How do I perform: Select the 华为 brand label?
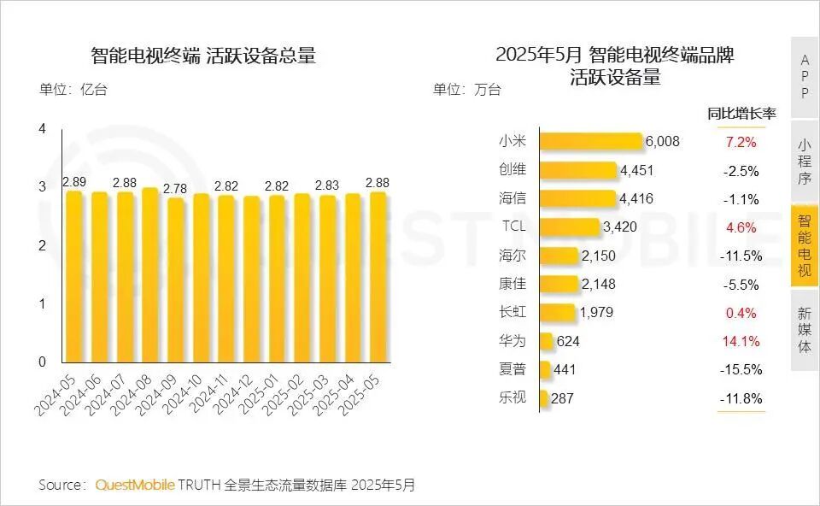512,341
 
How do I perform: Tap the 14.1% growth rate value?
741,341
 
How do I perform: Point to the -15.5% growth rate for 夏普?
741,369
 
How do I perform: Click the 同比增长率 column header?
741,114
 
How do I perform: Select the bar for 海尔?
559,256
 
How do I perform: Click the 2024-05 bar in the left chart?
74,278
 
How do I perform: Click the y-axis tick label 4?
42,129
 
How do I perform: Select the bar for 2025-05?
377,278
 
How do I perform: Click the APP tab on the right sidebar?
805,76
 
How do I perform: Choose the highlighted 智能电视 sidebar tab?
805,245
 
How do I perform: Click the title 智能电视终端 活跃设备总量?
203,56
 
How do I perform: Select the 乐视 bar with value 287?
544,398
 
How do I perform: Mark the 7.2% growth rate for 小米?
741,141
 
